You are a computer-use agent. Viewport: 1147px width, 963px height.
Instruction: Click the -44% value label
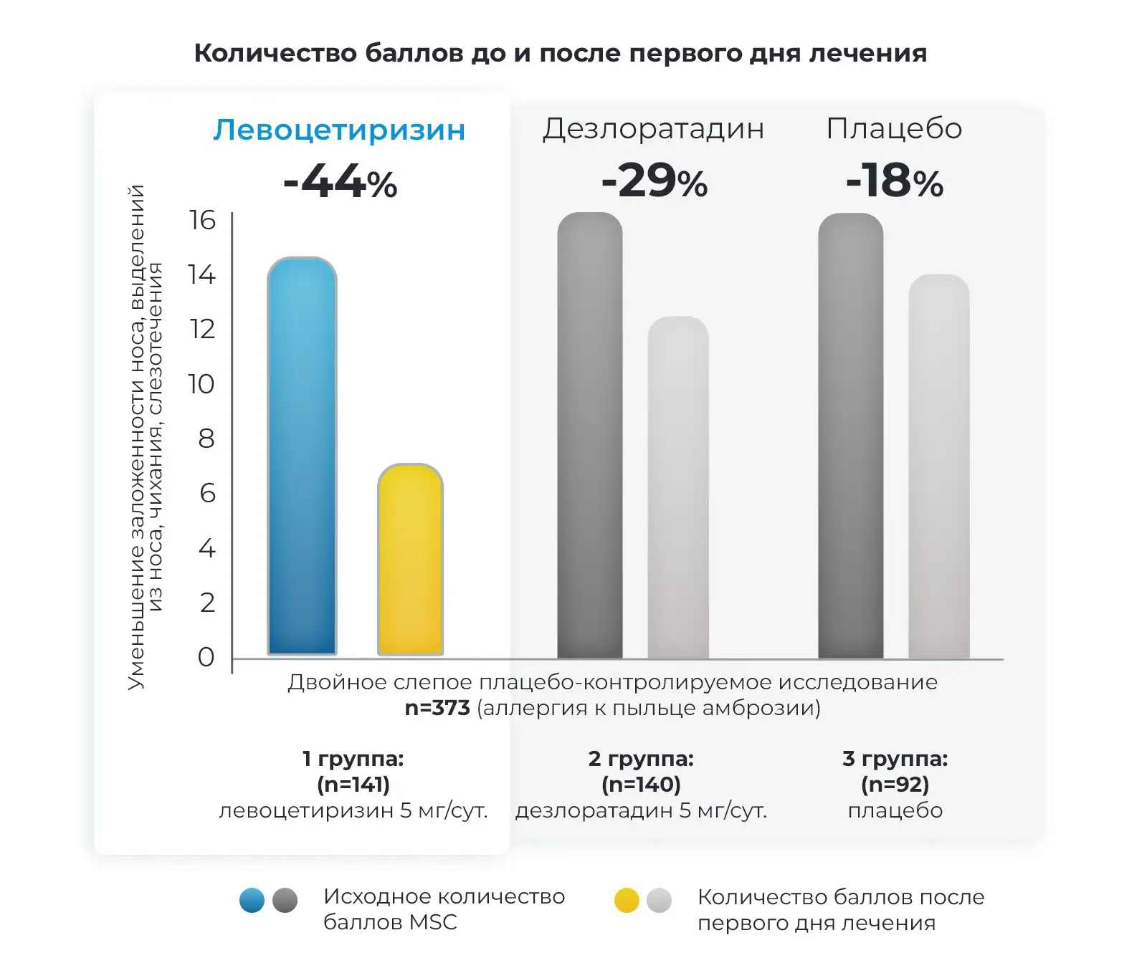(340, 182)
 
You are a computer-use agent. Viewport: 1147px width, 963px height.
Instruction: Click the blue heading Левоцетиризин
(339, 130)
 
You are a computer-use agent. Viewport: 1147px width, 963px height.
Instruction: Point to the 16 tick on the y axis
(202, 220)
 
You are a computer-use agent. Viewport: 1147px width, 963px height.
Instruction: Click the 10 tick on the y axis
(201, 384)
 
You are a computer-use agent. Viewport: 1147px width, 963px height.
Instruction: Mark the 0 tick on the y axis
(206, 657)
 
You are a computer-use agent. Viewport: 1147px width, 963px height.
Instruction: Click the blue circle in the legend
(252, 900)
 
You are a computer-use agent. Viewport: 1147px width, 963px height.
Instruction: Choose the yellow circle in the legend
(627, 900)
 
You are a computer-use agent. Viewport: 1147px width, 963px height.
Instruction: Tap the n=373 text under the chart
(437, 708)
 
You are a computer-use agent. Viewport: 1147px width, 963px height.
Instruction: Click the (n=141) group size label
(353, 785)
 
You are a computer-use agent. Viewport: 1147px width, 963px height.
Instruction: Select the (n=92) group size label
(895, 785)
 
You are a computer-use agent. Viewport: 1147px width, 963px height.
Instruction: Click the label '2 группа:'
(641, 759)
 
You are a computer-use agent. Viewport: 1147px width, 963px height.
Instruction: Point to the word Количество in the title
(275, 53)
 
